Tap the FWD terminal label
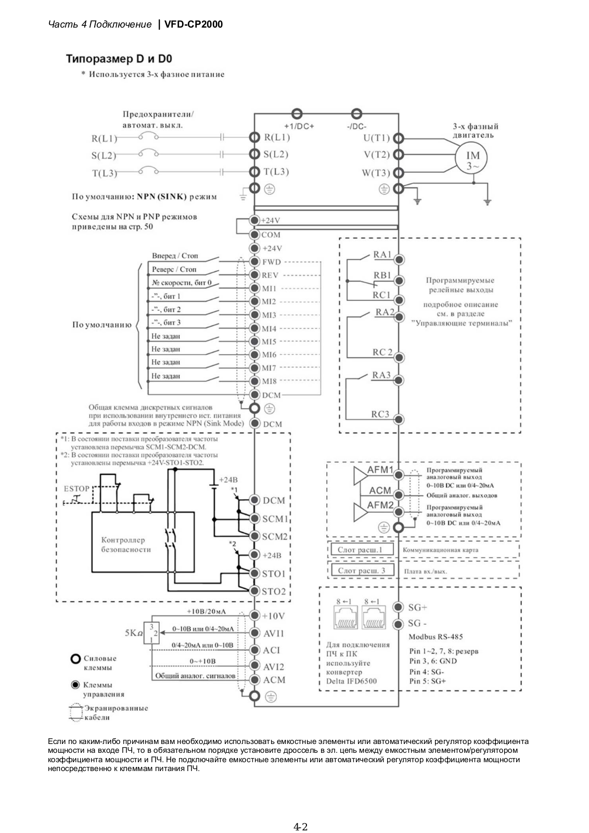click(272, 262)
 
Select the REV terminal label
click(270, 275)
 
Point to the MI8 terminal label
click(270, 381)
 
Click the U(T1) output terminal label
click(376, 138)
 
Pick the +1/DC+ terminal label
click(299, 127)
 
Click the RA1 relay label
click(382, 255)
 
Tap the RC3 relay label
click(380, 414)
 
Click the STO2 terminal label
click(274, 591)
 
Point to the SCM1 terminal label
click(275, 519)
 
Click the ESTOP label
click(76, 489)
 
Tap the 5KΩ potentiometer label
click(134, 633)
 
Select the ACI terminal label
click(271, 650)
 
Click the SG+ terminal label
click(418, 607)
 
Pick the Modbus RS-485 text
click(436, 637)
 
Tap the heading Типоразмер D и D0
click(119, 59)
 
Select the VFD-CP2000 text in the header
click(193, 24)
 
